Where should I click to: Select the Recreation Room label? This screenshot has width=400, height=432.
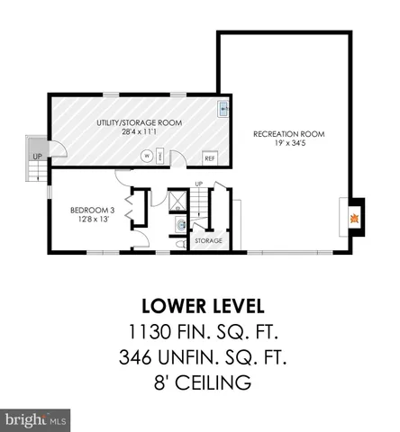point(288,134)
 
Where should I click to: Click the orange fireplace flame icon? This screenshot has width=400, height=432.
point(355,218)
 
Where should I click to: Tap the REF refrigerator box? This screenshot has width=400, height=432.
point(209,157)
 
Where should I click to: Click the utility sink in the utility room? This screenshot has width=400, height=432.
point(223,110)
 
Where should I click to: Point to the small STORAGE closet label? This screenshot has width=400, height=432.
point(209,240)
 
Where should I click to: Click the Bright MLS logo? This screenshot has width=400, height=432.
point(37,418)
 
